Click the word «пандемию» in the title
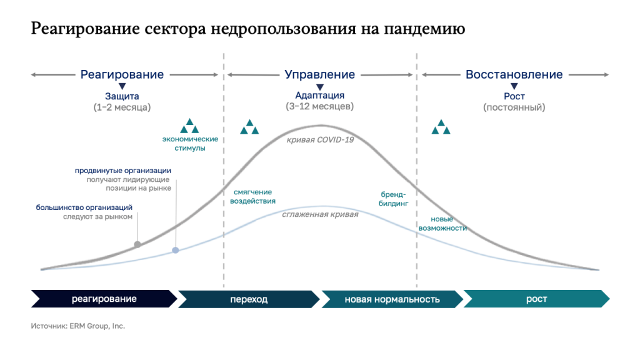pos(424,29)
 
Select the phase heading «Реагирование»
pos(122,74)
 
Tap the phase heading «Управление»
pos(319,74)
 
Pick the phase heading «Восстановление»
pos(514,74)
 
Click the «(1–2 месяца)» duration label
pos(122,107)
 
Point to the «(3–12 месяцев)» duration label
pos(319,106)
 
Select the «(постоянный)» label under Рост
pos(514,107)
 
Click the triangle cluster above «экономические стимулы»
pos(190,126)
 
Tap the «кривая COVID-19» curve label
pos(320,140)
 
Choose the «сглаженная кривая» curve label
pos(320,214)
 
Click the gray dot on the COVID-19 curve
pos(137,244)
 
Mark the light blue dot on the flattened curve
pos(176,250)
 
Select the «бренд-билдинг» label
pos(393,199)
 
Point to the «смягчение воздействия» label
pos(252,196)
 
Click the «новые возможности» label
pos(442,224)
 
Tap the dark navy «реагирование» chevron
pos(104,299)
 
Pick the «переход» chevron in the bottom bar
pos(249,299)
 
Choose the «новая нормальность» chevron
pos(392,299)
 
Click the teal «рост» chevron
pos(536,299)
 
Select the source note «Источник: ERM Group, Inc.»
pos(78,326)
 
